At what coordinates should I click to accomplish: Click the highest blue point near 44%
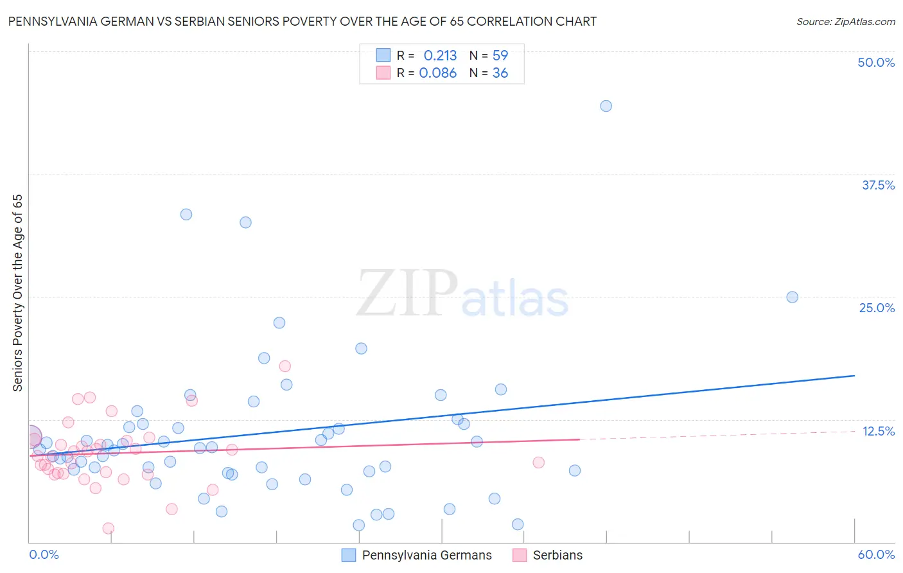coord(606,106)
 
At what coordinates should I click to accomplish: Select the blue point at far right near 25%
coord(792,297)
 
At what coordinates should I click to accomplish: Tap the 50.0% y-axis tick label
coord(875,62)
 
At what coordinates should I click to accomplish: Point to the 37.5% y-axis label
coord(877,185)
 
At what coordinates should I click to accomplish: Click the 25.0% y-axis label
coord(876,308)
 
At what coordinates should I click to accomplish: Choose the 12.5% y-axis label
coord(877,431)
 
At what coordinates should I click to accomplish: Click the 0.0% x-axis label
coord(44,554)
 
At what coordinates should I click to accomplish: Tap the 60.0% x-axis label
coord(875,554)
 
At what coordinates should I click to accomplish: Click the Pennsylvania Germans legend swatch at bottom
coord(348,555)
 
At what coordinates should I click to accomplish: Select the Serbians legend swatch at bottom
coord(519,555)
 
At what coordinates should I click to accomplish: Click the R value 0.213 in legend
coord(440,55)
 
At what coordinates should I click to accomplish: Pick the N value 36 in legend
coord(500,73)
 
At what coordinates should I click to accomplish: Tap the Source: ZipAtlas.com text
coord(845,21)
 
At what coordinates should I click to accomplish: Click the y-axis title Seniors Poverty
coord(17,292)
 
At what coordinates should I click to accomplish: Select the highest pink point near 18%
coord(285,366)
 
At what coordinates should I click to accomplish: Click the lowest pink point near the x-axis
coord(108,528)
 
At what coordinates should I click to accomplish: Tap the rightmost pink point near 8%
coord(538,463)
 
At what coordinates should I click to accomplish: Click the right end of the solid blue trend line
coord(854,375)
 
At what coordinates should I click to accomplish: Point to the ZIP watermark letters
coord(407,294)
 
